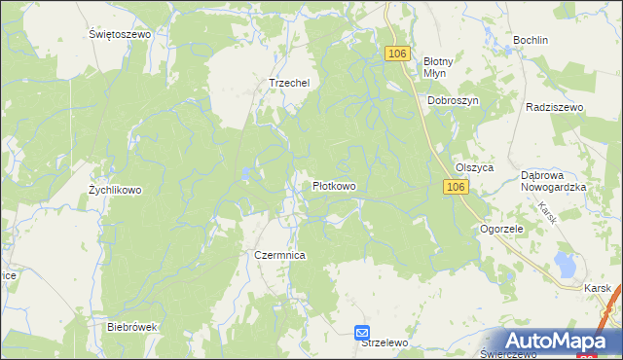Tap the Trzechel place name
click(x=289, y=83)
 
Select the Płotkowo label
click(x=334, y=185)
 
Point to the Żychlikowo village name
click(x=115, y=190)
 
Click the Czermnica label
click(x=280, y=254)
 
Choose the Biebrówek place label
click(x=131, y=327)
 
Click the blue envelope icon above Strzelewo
click(x=362, y=332)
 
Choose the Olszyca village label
click(x=475, y=167)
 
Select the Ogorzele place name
click(x=502, y=229)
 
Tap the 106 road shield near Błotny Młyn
click(x=395, y=54)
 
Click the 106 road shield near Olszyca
click(x=456, y=186)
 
